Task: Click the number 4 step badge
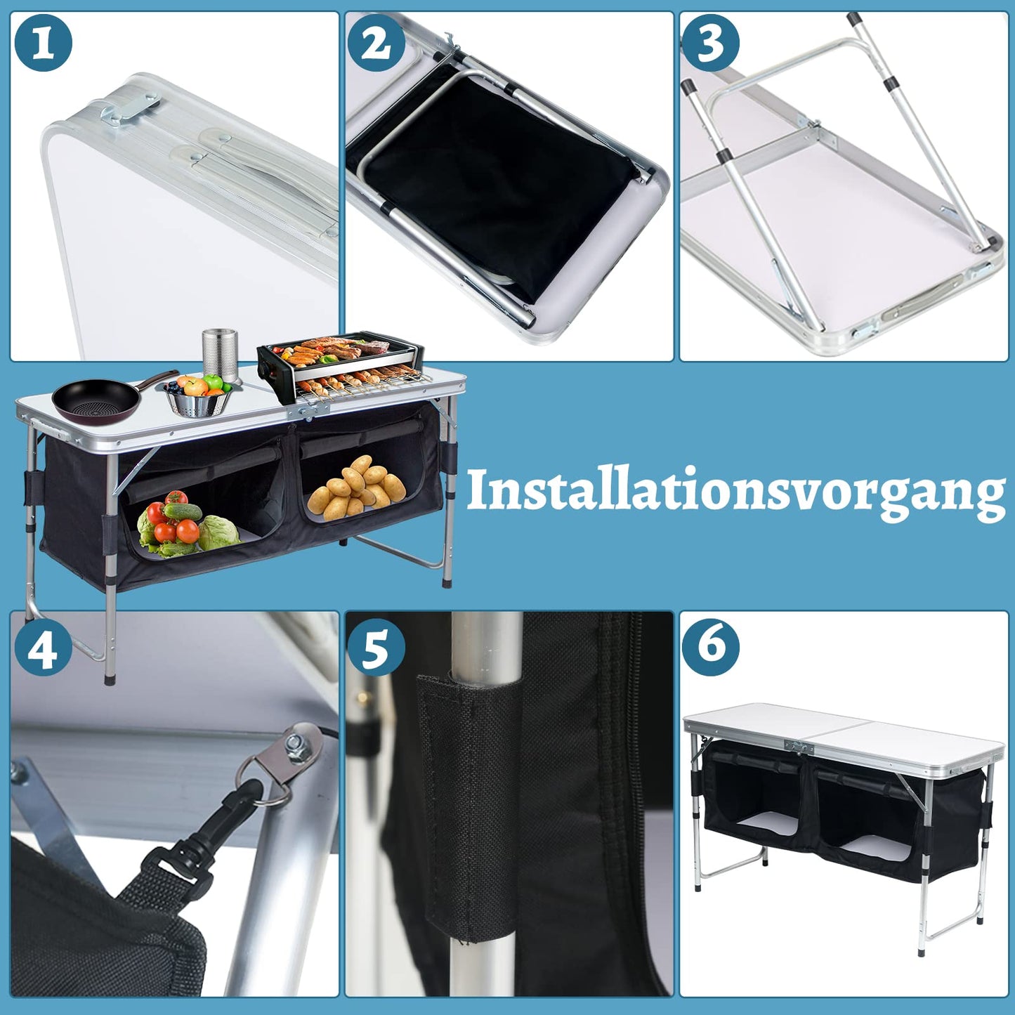[43, 648]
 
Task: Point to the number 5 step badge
[376, 648]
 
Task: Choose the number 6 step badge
[711, 648]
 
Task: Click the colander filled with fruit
[198, 397]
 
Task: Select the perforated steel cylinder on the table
[220, 356]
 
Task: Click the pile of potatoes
[357, 487]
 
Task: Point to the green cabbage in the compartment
[220, 533]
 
